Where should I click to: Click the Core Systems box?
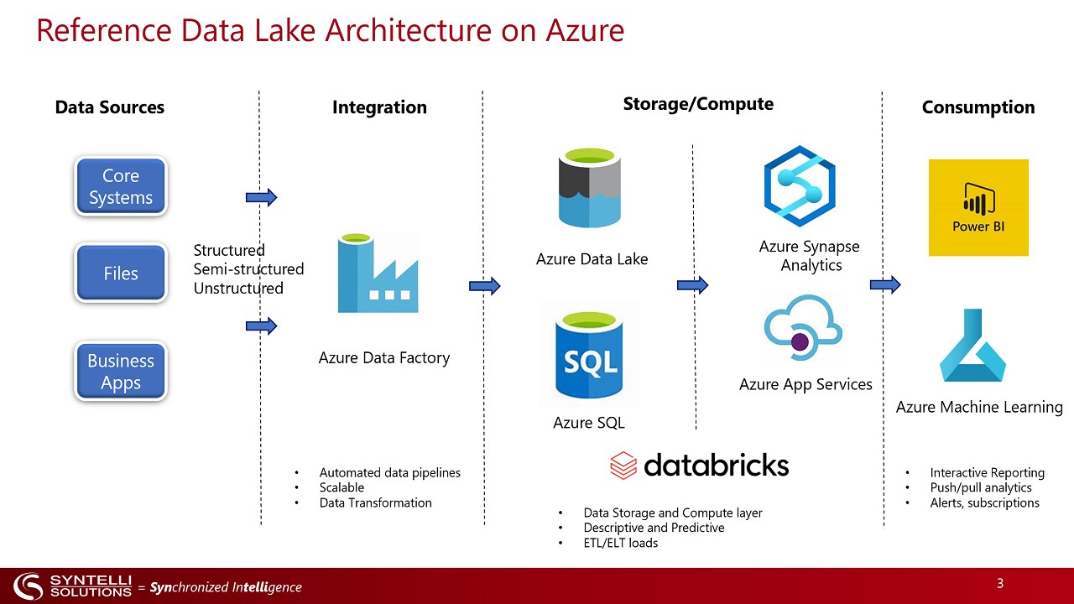point(121,187)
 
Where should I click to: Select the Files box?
point(121,273)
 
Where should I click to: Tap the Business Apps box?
point(121,372)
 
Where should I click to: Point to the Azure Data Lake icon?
point(591,187)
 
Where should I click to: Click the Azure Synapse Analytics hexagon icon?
point(800,186)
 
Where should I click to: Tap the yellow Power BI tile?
point(978,207)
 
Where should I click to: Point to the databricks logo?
point(699,465)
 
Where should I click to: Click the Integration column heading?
point(379,107)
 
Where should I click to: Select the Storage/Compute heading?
point(698,104)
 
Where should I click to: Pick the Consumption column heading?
point(978,107)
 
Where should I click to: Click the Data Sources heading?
point(110,107)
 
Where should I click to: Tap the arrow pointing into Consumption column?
point(885,285)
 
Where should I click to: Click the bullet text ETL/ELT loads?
point(621,543)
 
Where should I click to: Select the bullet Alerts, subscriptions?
point(984,502)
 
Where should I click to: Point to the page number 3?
point(1000,583)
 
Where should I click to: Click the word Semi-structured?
point(248,269)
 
